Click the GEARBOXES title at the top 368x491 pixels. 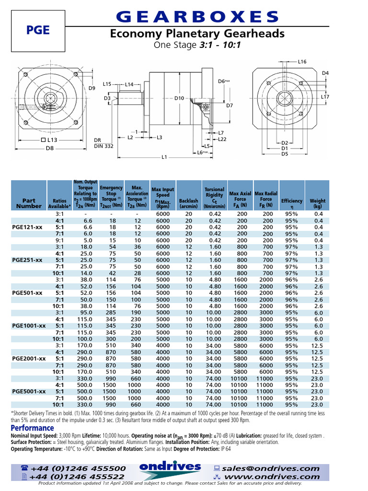pos(197,17)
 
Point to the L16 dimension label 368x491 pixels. pos(302,62)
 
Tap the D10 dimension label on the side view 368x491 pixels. pos(179,98)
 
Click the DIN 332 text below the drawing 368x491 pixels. pos(103,146)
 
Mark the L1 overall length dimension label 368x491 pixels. pos(164,157)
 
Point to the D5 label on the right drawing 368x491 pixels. pos(285,154)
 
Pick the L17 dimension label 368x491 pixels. pos(325,97)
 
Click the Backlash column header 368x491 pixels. pos(188,203)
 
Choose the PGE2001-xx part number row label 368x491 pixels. pos(29,358)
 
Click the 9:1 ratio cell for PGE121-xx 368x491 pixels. pos(59,240)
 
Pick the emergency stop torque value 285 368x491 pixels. pos(111,312)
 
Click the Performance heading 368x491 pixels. pos(32,428)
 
